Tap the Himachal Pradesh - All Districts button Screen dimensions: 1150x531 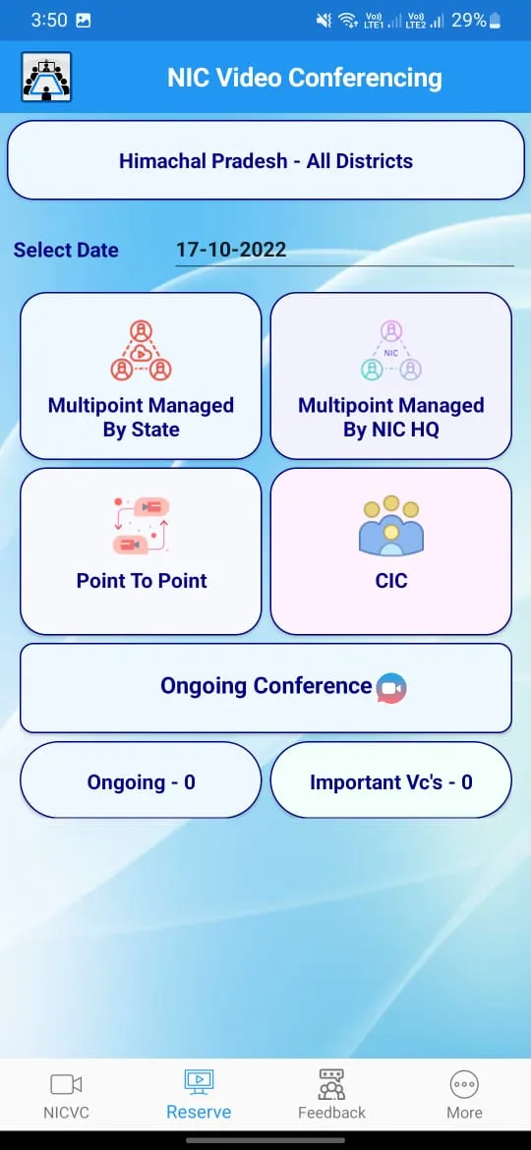coord(265,160)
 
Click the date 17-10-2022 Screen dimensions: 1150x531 coord(231,250)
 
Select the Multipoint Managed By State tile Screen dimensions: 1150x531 coord(141,375)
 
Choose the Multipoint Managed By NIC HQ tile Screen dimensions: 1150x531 coord(390,375)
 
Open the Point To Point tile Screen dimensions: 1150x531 coord(141,550)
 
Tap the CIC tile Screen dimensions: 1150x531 coord(390,550)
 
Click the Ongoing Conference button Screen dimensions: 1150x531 coord(265,686)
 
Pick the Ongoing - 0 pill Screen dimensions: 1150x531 coord(141,782)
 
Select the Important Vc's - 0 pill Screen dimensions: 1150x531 coord(390,782)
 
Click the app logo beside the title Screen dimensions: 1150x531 coord(46,78)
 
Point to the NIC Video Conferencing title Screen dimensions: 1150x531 coord(305,78)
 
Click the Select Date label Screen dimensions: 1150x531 coord(66,250)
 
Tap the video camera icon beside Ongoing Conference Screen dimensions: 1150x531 coord(391,688)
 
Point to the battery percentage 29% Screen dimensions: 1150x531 coord(468,20)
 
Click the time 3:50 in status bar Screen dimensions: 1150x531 coord(49,20)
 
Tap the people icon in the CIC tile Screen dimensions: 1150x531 coord(390,526)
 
